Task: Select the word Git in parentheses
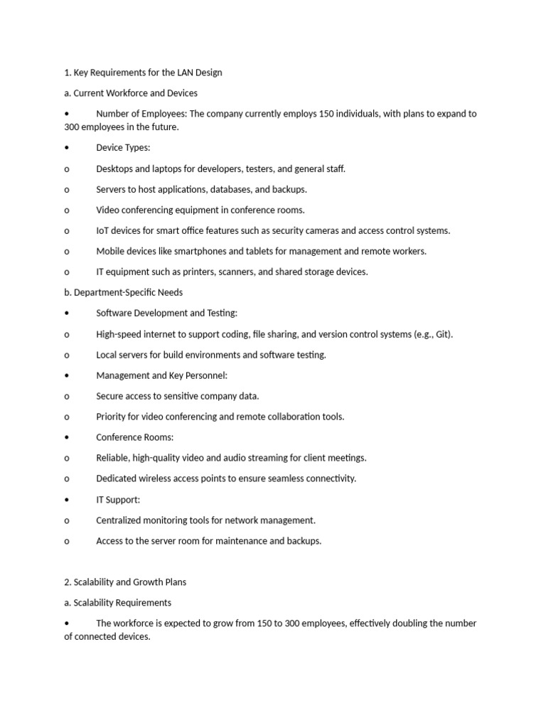point(442,334)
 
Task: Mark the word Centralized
point(120,520)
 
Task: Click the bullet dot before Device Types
point(66,148)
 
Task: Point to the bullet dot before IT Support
point(66,500)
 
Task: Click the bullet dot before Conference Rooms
point(66,437)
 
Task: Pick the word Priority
point(112,417)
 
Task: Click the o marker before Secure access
point(67,396)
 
